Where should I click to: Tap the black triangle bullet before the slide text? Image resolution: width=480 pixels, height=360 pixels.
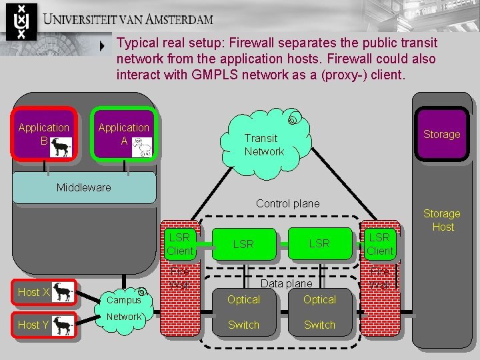click(102, 47)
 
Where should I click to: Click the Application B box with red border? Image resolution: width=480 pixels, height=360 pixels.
click(44, 135)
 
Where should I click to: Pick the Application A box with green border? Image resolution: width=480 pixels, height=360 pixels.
click(124, 135)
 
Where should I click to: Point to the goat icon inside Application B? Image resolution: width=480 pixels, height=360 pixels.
click(61, 147)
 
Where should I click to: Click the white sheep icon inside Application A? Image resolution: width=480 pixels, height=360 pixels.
click(142, 147)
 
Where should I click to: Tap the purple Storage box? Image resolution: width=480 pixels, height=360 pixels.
click(441, 135)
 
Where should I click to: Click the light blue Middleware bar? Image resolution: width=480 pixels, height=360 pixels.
click(83, 188)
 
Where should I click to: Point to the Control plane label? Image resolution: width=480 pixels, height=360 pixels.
click(288, 203)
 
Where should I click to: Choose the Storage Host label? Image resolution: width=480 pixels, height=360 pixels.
click(442, 220)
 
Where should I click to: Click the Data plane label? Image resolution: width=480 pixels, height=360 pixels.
click(286, 283)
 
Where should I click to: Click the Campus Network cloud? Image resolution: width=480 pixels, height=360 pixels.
click(124, 307)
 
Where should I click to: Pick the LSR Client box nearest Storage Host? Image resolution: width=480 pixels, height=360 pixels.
click(380, 244)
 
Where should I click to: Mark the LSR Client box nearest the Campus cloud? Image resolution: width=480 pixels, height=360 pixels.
click(180, 244)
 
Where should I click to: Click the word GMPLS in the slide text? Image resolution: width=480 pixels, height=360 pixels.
click(216, 75)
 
